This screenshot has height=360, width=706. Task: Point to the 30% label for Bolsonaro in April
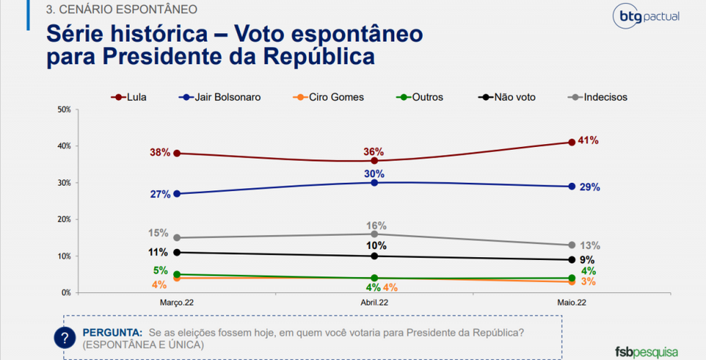pyautogui.click(x=374, y=174)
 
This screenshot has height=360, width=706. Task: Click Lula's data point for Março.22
pyautogui.click(x=176, y=153)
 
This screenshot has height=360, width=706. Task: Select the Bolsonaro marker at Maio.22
pyautogui.click(x=571, y=186)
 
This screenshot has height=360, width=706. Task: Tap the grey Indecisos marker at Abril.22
pyautogui.click(x=374, y=234)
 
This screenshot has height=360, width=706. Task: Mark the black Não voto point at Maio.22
pyautogui.click(x=571, y=260)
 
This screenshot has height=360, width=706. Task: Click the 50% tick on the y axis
pyautogui.click(x=63, y=109)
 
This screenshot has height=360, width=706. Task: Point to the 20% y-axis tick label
pyautogui.click(x=63, y=220)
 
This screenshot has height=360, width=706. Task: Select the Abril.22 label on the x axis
pyautogui.click(x=374, y=304)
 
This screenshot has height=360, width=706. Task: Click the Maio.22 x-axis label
pyautogui.click(x=571, y=304)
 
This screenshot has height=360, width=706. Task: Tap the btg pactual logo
pyautogui.click(x=645, y=17)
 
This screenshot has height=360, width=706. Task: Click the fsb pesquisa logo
pyautogui.click(x=646, y=351)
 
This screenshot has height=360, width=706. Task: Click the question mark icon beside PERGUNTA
pyautogui.click(x=66, y=338)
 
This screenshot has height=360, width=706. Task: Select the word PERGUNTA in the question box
pyautogui.click(x=112, y=333)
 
